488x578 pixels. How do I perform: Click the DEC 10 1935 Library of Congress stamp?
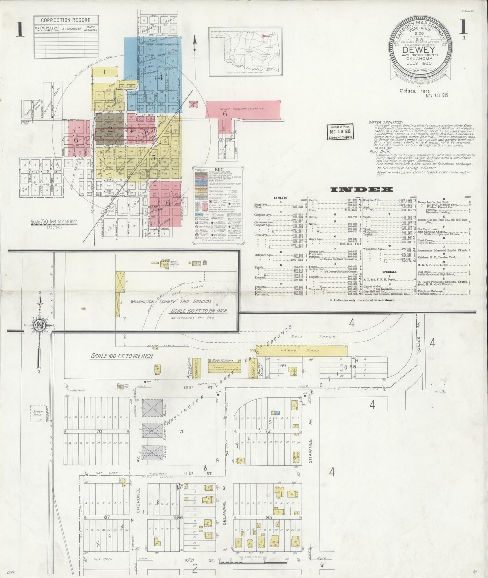(339, 132)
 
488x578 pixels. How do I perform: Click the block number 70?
(99, 431)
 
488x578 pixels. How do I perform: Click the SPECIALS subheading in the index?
(389, 272)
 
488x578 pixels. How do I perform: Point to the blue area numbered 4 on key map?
(161, 77)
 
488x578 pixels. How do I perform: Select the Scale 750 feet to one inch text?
(55, 222)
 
